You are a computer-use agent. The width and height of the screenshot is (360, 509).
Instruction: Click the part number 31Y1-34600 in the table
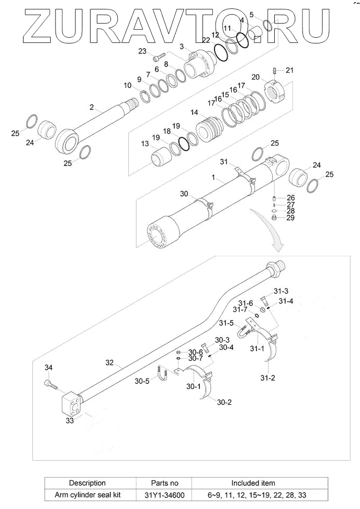click(164, 494)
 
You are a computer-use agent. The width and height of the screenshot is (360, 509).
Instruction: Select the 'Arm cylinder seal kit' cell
click(87, 494)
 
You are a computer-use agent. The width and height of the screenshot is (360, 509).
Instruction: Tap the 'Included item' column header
click(253, 483)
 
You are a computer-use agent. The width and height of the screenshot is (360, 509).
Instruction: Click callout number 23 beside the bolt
click(142, 51)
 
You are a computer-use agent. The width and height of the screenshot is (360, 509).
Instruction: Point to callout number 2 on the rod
click(92, 107)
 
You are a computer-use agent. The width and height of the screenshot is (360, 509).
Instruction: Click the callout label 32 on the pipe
click(109, 362)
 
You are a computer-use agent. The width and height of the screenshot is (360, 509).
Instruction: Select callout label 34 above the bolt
click(48, 368)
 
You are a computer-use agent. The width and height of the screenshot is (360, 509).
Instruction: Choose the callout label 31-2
click(267, 378)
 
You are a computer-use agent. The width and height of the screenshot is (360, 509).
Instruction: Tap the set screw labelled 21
click(275, 71)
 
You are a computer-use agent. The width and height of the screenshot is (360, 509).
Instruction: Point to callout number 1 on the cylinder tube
click(214, 178)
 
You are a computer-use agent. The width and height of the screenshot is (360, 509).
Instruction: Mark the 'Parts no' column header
click(164, 483)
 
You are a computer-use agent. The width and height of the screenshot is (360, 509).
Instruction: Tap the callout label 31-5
click(226, 323)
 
